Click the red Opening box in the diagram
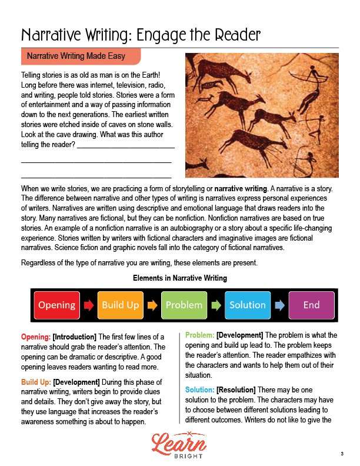(x=57, y=305)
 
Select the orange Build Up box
(x=121, y=305)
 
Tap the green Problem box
(x=184, y=305)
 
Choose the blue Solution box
(x=248, y=305)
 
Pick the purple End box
(x=311, y=305)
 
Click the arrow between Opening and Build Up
(x=89, y=305)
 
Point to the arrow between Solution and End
(x=279, y=305)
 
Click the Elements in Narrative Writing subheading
(x=180, y=278)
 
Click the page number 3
(x=341, y=454)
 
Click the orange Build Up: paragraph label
(x=36, y=381)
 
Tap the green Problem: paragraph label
(x=199, y=335)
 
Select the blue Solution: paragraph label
(x=199, y=390)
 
